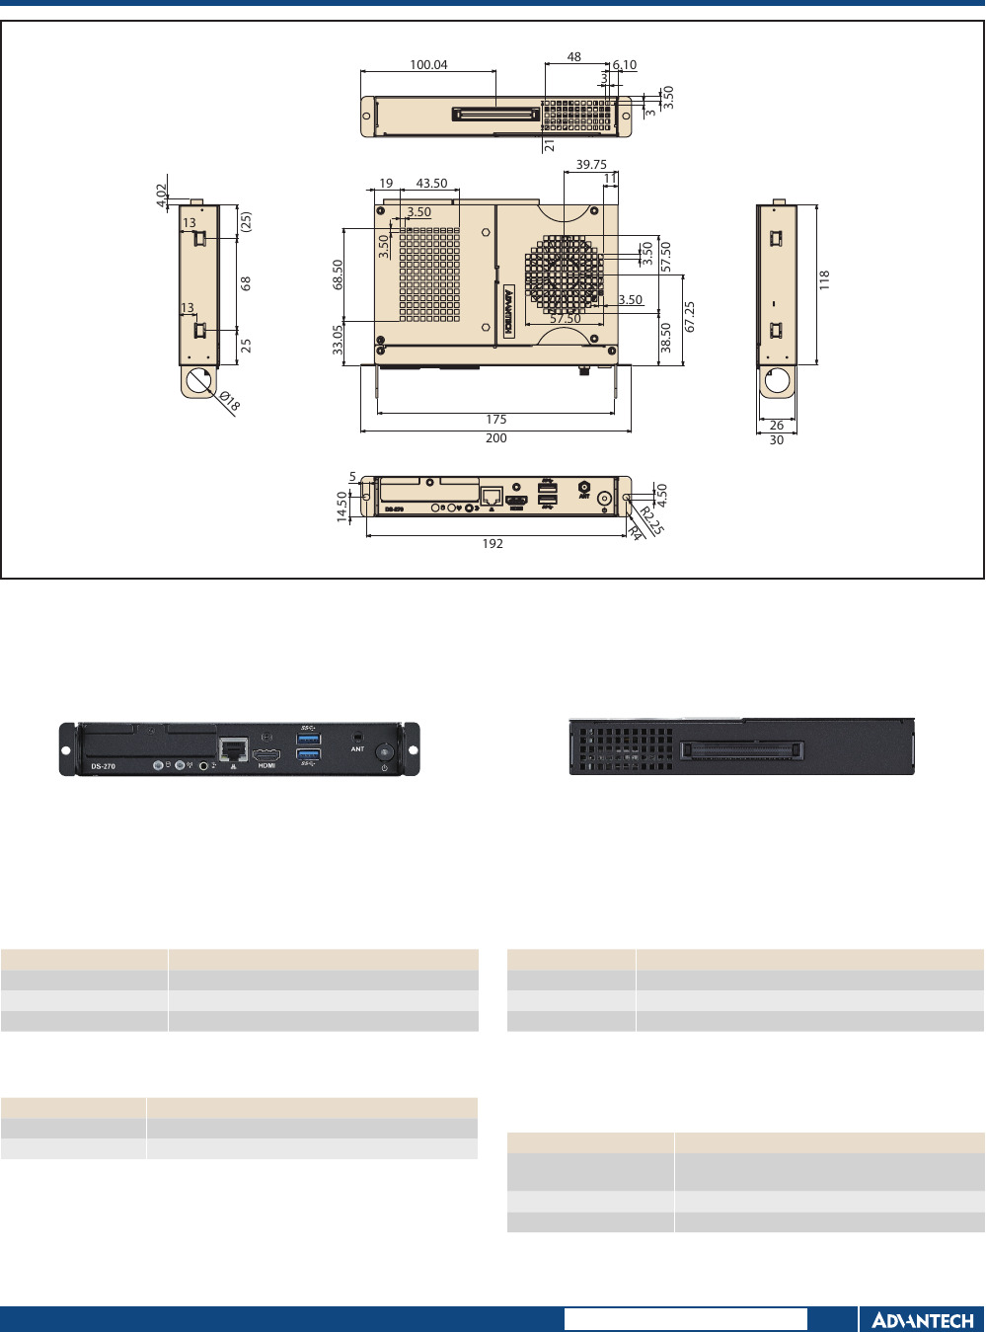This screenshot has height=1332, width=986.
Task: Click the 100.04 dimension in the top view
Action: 428,65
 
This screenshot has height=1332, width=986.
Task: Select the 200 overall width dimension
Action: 495,438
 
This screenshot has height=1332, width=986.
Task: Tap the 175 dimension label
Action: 495,420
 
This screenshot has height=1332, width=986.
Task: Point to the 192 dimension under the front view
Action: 493,543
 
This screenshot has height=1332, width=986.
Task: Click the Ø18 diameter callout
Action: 229,401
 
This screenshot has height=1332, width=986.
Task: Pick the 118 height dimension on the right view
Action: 824,279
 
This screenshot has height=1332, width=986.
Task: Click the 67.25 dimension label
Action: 690,317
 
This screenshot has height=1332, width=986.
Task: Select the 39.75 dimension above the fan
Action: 591,165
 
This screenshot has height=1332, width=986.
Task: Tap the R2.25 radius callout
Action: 652,519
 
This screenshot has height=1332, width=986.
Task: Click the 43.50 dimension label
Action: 431,184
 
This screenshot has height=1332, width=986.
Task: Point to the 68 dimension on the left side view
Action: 246,282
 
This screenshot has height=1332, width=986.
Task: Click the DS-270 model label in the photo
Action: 104,766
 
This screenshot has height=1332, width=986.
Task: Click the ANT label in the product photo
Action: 357,749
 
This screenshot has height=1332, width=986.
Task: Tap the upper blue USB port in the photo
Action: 309,738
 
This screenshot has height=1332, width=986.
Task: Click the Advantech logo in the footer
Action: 922,1320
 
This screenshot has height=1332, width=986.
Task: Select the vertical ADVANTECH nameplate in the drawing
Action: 509,312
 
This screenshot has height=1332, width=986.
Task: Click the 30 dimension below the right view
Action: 777,440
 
